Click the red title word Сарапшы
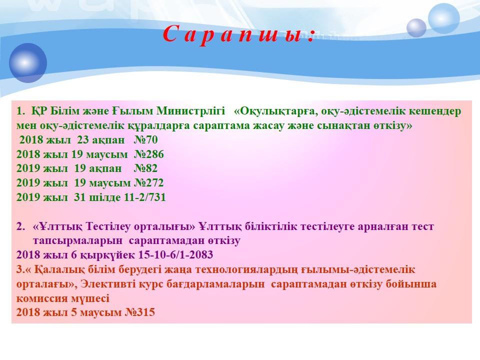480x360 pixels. tap(238, 33)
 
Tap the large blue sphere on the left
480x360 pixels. tap(28, 63)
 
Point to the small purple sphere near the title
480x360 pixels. tap(416, 28)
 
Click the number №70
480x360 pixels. tap(145, 140)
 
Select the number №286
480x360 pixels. tap(149, 154)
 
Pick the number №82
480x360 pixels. tap(145, 168)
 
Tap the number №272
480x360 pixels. tap(149, 183)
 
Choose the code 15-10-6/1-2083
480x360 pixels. tap(175, 254)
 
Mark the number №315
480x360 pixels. tap(140, 312)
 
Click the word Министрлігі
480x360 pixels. tap(190, 111)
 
